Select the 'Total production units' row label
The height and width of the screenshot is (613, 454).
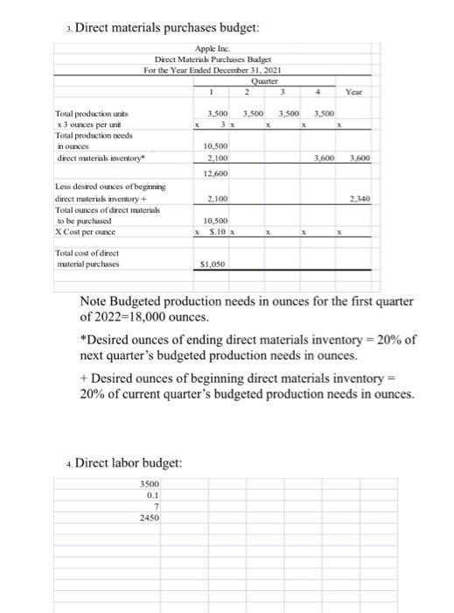point(87,115)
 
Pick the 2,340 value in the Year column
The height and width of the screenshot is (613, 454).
point(354,199)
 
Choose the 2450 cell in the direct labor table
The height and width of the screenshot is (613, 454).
point(150,518)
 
